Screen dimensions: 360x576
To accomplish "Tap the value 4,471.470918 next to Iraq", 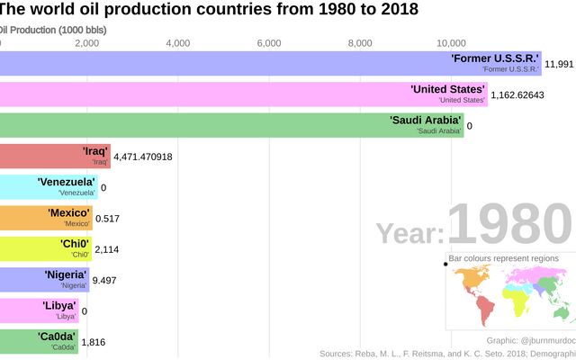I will tap(156, 157).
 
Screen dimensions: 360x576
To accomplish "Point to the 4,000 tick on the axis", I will tap(178, 43).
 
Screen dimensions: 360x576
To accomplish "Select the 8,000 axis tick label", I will tap(360, 43).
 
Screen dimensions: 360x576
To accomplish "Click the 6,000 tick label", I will tap(269, 43).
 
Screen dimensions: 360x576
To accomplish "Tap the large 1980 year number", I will tap(509, 225).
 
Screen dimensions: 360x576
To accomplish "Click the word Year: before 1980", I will tap(409, 234).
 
